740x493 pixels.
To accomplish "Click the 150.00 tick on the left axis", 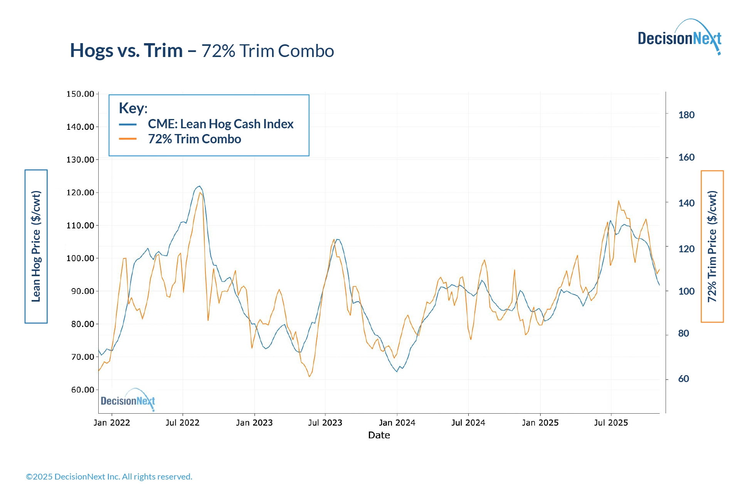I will pos(80,94).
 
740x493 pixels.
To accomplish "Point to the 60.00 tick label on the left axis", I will pos(82,390).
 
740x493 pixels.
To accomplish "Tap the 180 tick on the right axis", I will pos(686,115).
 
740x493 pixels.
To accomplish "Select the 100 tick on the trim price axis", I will pos(686,291).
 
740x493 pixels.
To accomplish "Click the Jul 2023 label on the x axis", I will pos(325,423).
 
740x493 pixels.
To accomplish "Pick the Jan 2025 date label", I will pos(540,423).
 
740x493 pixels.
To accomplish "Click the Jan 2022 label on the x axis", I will pos(112,423).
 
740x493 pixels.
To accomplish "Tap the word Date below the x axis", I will pos(379,435).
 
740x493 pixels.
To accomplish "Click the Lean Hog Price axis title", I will pos(36,246).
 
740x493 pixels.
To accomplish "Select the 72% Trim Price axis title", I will pos(712,246).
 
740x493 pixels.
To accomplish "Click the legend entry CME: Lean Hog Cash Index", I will pos(220,124).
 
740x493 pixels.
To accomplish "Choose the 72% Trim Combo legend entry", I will pos(194,139).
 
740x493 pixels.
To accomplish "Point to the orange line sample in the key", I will pos(128,139).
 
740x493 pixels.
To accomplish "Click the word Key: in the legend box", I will pos(133,108).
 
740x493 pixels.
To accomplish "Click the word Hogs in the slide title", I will pos(92,50).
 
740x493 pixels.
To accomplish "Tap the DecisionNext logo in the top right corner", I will pos(679,37).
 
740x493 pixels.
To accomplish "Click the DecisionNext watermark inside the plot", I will pos(128,401).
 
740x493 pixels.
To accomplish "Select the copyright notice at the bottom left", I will pos(109,477).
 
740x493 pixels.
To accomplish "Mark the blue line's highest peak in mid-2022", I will pos(199,186).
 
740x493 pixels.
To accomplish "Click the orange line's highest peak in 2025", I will pos(619,201).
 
